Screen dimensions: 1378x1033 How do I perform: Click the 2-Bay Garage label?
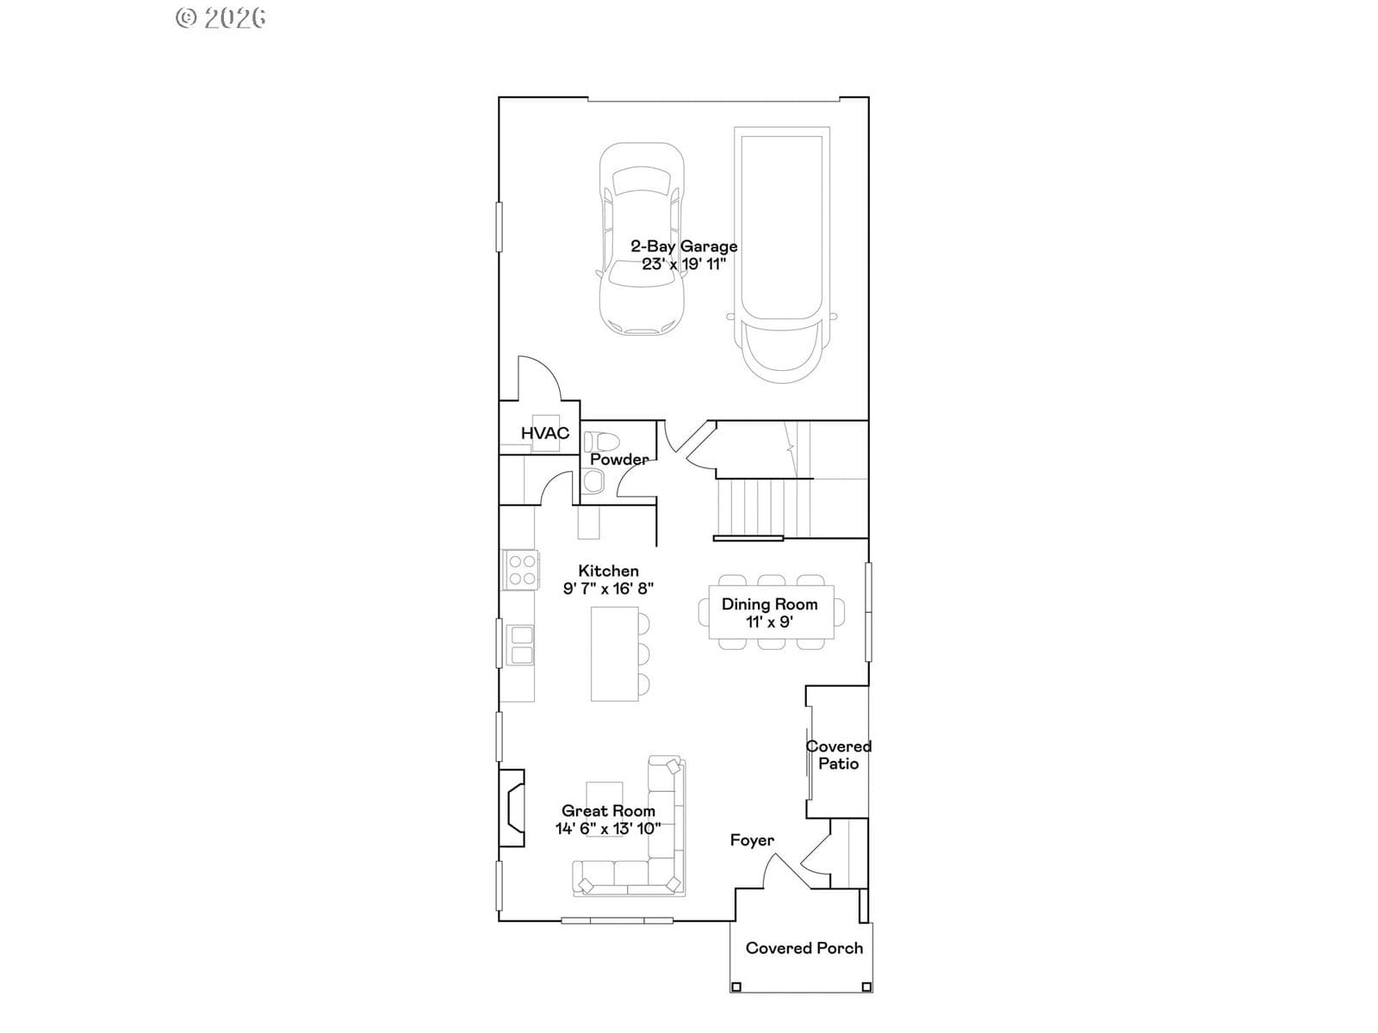pyautogui.click(x=684, y=246)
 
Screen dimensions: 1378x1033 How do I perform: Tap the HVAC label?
pyautogui.click(x=545, y=433)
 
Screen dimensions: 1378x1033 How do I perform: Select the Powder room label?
pyautogui.click(x=619, y=459)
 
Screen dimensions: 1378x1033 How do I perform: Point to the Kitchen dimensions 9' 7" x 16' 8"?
pyautogui.click(x=608, y=588)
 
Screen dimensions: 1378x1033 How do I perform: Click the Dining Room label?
pyautogui.click(x=770, y=604)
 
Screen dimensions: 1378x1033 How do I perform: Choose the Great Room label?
pyautogui.click(x=608, y=811)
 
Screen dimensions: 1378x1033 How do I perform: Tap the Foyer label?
pyautogui.click(x=752, y=840)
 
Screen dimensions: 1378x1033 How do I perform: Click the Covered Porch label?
pyautogui.click(x=804, y=948)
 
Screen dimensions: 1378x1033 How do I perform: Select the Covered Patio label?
pyautogui.click(x=839, y=755)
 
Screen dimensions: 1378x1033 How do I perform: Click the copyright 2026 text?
pyautogui.click(x=220, y=17)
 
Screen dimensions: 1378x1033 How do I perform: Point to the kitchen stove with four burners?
pyautogui.click(x=521, y=570)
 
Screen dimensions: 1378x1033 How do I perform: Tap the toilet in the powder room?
pyautogui.click(x=601, y=442)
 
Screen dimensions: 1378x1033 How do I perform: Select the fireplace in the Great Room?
pyautogui.click(x=511, y=807)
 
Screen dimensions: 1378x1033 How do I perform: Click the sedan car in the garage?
pyautogui.click(x=641, y=239)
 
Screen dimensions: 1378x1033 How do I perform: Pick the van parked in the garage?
pyautogui.click(x=782, y=255)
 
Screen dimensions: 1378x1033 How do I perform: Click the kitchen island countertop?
pyautogui.click(x=615, y=653)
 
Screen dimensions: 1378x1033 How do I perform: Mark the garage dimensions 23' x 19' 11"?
pyautogui.click(x=684, y=264)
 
